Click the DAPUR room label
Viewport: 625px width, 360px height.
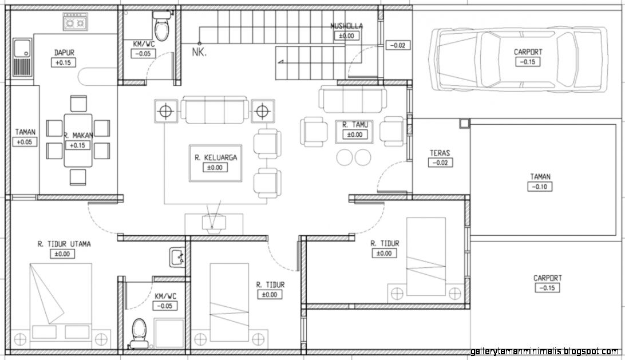[64, 52]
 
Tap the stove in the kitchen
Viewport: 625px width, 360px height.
[76, 22]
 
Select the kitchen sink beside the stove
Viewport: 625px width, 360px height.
[22, 57]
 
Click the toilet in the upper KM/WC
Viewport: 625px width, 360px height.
[162, 26]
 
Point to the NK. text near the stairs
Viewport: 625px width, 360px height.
[199, 52]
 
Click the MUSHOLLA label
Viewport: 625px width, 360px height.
[346, 26]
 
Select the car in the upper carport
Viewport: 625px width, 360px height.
[517, 60]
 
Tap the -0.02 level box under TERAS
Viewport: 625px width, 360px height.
[440, 163]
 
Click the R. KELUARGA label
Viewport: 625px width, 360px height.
[216, 157]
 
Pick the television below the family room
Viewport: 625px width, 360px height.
[213, 223]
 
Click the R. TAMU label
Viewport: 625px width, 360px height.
[355, 125]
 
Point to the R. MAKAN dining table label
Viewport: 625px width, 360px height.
[78, 136]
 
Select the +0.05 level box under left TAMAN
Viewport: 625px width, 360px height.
[25, 142]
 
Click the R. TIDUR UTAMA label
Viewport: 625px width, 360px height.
[64, 244]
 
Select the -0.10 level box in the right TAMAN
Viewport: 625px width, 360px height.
[540, 187]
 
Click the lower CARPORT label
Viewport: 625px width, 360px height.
[548, 278]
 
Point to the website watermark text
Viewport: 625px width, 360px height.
[544, 351]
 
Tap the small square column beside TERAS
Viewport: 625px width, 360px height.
[464, 124]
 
